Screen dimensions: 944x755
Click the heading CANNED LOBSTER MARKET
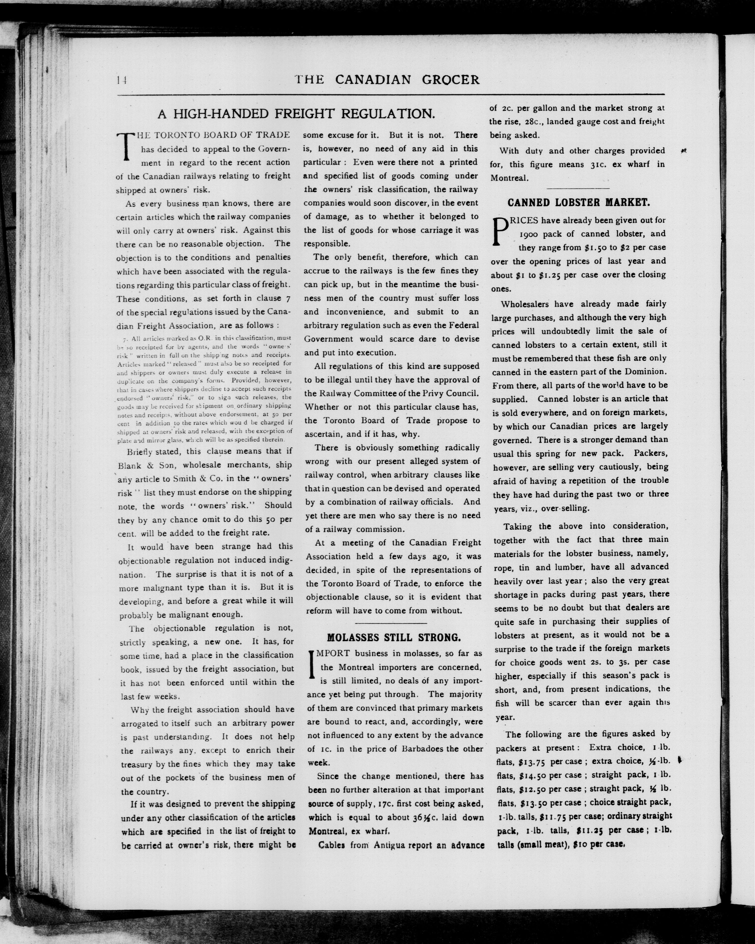coord(579,202)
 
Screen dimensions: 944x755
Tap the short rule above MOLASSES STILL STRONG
coord(391,623)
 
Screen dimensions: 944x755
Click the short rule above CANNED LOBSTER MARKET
coord(579,188)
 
